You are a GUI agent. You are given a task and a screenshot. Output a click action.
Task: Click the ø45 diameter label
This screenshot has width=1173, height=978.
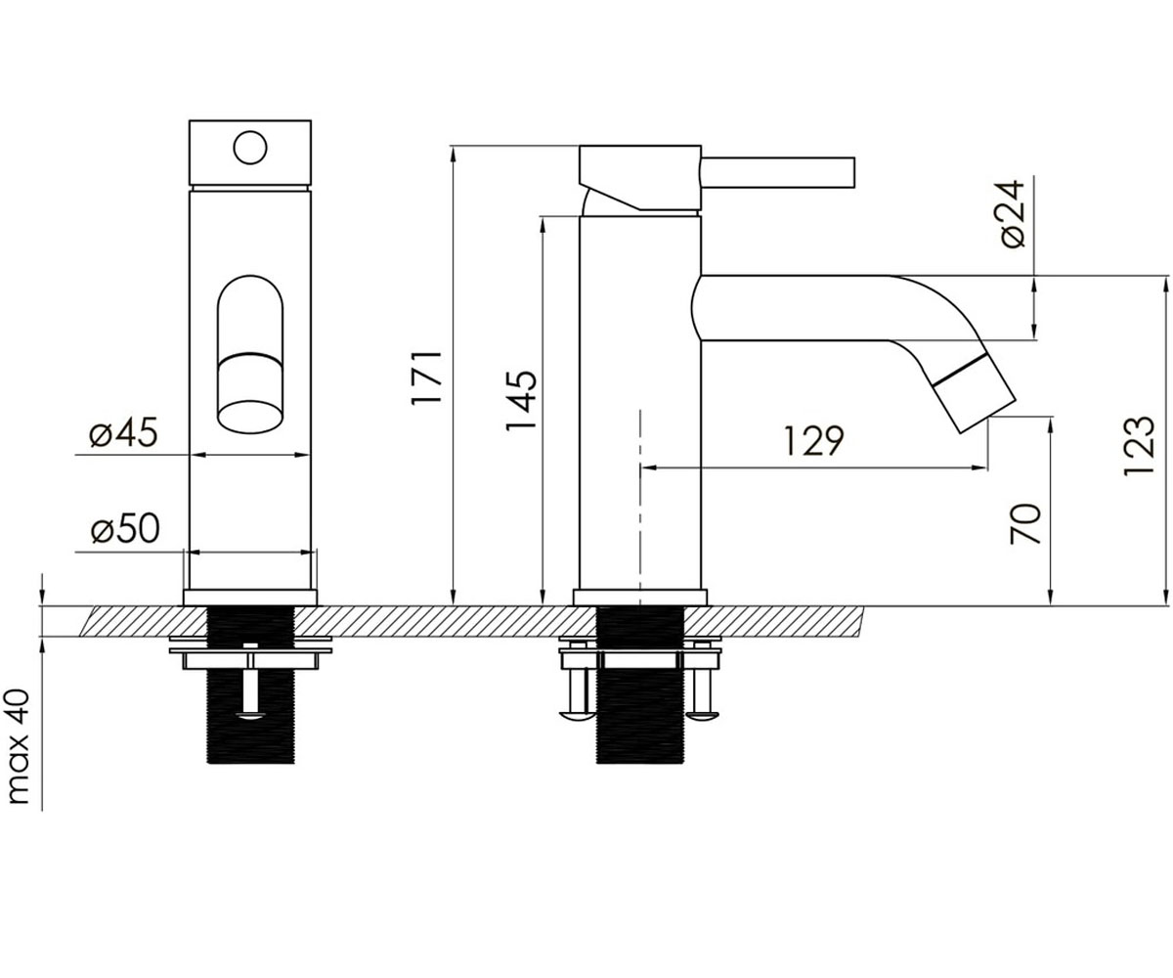click(123, 433)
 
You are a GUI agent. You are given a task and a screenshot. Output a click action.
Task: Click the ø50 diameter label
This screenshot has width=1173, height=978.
click(125, 529)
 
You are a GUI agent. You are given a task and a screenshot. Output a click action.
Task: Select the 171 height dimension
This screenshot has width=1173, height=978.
click(427, 377)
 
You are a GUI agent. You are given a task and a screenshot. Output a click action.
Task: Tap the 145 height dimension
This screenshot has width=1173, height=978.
click(521, 400)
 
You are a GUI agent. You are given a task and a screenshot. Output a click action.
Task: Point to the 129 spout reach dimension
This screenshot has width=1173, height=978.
click(813, 441)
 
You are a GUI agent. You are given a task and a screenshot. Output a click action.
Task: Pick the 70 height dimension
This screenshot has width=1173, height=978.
click(1025, 524)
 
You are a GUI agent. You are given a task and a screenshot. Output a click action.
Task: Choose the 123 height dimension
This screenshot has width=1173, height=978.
click(1138, 446)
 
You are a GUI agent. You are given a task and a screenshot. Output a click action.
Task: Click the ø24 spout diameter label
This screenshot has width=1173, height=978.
click(1013, 214)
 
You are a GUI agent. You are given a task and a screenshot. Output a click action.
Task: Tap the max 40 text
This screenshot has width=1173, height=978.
click(19, 746)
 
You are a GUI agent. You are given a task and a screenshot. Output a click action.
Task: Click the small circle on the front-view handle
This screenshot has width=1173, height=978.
click(250, 148)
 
